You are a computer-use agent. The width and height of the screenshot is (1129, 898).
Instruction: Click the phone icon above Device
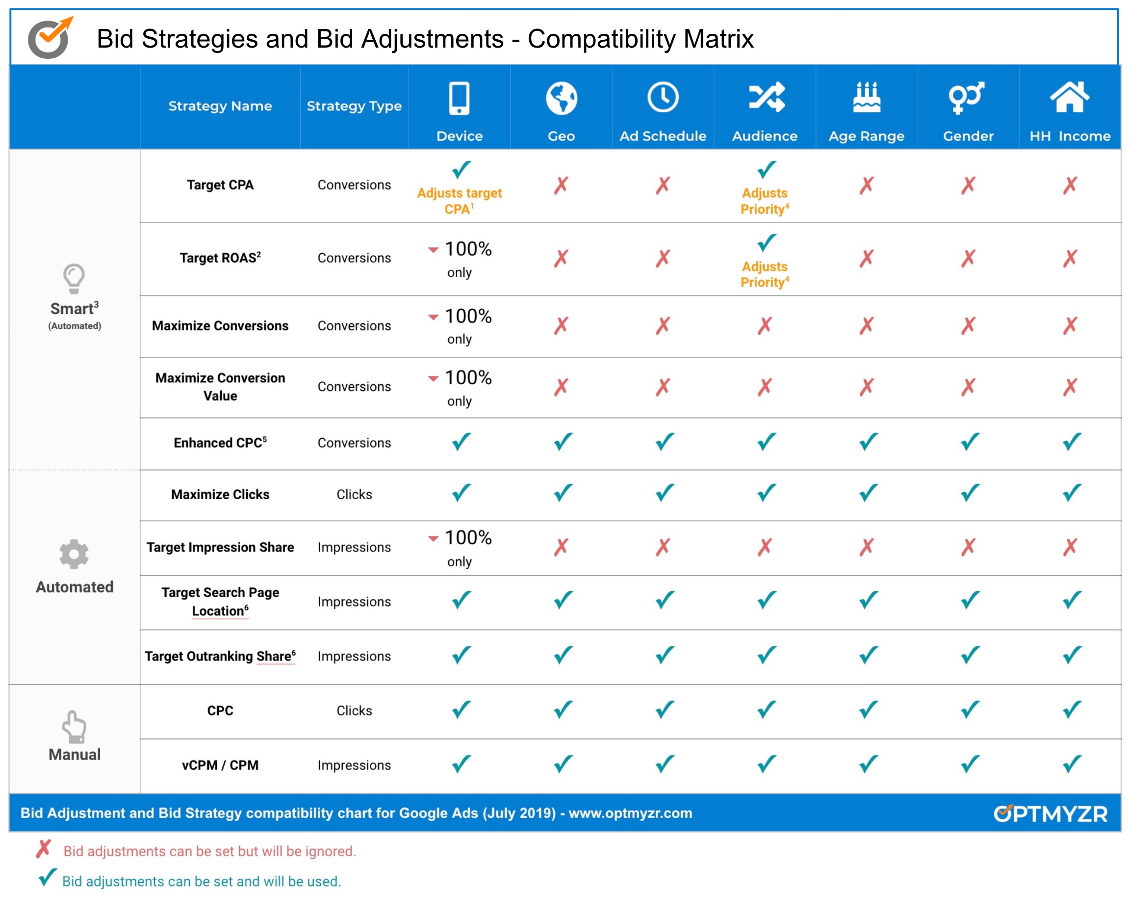point(459,98)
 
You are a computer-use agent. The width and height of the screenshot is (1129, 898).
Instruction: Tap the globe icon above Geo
point(562,98)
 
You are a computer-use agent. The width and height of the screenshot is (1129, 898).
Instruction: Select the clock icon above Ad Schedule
point(663,97)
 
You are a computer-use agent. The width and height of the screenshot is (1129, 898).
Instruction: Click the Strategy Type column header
point(354,106)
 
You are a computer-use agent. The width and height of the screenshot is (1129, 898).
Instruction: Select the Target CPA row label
point(220,185)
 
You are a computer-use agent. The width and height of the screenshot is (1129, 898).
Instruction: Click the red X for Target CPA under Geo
point(562,185)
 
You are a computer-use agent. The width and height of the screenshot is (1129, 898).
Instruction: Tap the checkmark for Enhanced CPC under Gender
point(969,442)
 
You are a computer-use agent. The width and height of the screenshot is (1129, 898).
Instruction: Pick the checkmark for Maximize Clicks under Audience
point(766,493)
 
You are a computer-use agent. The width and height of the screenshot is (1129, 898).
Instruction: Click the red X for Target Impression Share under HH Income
point(1070,547)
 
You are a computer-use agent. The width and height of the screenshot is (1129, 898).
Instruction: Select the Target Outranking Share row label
point(220,656)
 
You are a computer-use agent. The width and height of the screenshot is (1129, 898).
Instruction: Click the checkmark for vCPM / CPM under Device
point(461,764)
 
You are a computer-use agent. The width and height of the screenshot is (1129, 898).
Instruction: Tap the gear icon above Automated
point(74,554)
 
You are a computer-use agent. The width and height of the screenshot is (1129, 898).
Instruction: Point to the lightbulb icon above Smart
point(74,278)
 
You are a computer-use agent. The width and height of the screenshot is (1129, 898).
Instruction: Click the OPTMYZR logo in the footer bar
point(1050,813)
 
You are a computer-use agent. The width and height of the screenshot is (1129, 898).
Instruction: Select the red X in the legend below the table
point(44,849)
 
